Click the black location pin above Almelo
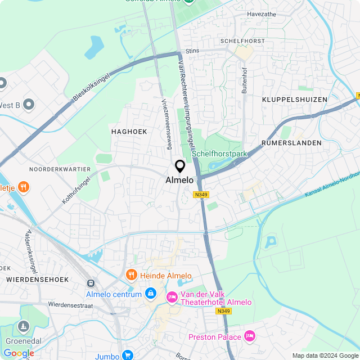(x=180, y=166)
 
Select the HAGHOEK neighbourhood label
(x=129, y=131)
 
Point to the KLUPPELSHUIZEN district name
(x=294, y=100)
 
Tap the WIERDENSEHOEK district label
(x=37, y=279)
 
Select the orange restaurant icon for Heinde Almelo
(x=131, y=274)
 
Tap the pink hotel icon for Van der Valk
(x=171, y=296)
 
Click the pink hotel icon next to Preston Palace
(x=250, y=337)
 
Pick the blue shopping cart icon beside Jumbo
(x=128, y=355)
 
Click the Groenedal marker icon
(x=23, y=326)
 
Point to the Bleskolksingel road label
(x=92, y=89)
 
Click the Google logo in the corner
(x=19, y=353)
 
